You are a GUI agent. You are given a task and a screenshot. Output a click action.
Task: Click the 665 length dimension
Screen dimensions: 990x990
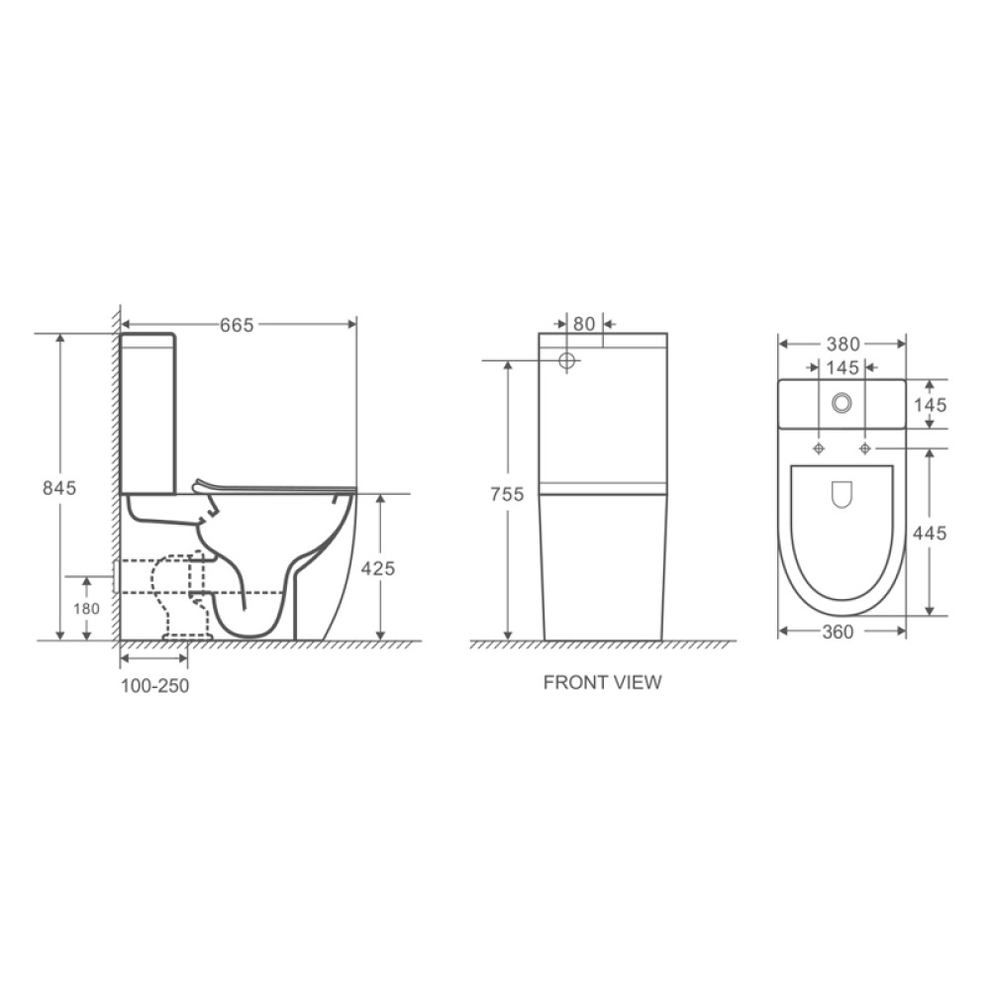point(237,325)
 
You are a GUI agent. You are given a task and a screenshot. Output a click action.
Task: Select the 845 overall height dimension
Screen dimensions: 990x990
point(59,487)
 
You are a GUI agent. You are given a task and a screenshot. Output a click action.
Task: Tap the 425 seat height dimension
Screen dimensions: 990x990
point(378,567)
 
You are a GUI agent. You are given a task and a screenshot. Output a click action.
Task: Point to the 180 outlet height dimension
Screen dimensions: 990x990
point(88,609)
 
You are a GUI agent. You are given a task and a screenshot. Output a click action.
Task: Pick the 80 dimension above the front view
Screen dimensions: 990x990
point(584,324)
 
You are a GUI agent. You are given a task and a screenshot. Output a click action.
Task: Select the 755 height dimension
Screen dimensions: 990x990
point(506,495)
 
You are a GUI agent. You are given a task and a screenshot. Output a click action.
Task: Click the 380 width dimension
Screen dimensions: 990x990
point(842,345)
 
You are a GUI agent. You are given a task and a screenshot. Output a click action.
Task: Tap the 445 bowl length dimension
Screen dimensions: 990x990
point(930,533)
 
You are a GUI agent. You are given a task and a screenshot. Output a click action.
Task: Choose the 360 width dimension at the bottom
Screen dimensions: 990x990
point(838,634)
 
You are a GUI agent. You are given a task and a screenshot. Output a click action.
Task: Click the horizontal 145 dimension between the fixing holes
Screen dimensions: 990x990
point(841,368)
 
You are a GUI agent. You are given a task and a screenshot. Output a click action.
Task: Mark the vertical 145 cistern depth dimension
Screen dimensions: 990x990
point(931,404)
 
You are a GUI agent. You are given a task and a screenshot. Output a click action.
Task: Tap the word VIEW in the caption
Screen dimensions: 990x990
point(639,682)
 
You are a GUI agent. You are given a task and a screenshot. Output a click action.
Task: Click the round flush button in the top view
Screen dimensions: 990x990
point(842,402)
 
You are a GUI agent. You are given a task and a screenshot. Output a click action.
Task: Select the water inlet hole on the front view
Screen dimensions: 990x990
point(567,360)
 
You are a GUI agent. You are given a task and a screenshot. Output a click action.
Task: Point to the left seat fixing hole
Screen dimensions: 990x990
point(819,448)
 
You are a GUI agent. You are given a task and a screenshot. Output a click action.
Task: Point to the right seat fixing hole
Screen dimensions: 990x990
point(865,448)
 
